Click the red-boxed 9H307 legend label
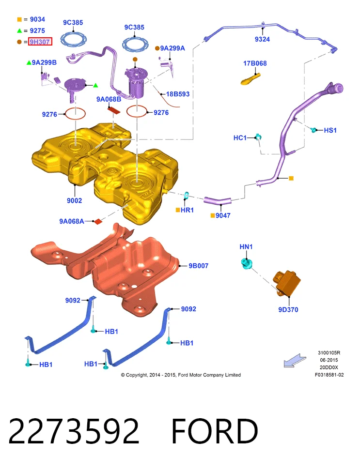40,42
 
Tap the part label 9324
262,39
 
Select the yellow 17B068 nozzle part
250,79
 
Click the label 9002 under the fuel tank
74,201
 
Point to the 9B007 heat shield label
199,266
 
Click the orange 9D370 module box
287,283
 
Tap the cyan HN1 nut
247,264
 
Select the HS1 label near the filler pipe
330,130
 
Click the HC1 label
240,138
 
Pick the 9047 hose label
223,216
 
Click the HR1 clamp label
187,210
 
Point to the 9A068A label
72,221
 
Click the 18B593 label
178,94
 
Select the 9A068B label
109,99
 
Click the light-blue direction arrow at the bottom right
295,361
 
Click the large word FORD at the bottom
215,431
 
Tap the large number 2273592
74,431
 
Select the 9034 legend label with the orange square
37,19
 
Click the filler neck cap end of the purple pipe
335,88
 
